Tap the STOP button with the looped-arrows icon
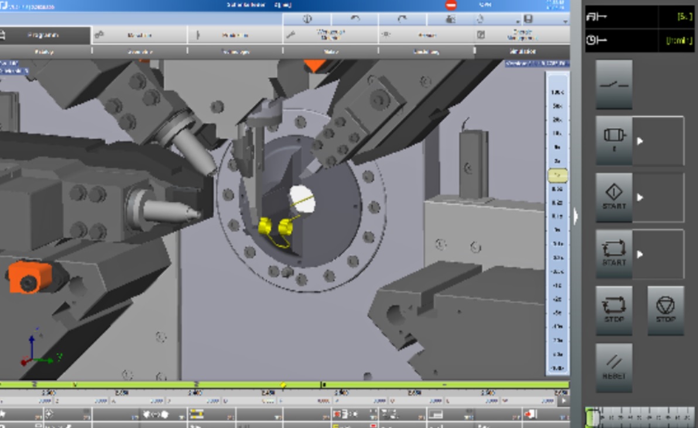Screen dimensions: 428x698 click(614, 310)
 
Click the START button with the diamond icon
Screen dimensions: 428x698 click(614, 197)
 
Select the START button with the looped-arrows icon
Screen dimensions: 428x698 click(614, 253)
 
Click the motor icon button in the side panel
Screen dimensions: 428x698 click(614, 140)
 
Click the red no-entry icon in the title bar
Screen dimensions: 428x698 click(451, 5)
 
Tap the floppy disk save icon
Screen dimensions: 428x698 click(529, 19)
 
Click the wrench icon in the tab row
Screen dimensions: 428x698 click(290, 35)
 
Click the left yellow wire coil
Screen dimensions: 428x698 click(266, 226)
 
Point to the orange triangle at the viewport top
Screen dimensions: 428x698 click(314, 65)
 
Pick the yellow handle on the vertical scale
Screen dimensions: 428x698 click(557, 175)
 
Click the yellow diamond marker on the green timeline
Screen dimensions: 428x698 click(283, 385)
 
